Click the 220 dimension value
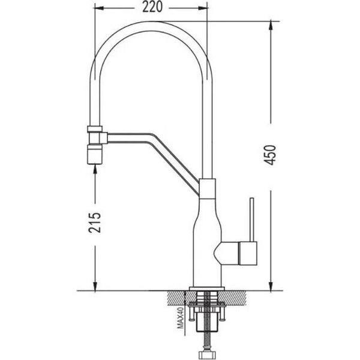[x=152, y=7]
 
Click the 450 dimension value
[x=270, y=155]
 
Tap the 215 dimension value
[x=95, y=223]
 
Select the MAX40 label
[x=181, y=318]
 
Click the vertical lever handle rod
[x=252, y=220]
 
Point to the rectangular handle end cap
[x=248, y=253]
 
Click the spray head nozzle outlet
[x=95, y=154]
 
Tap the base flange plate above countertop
[x=206, y=289]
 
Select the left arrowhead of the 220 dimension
[x=99, y=8]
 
